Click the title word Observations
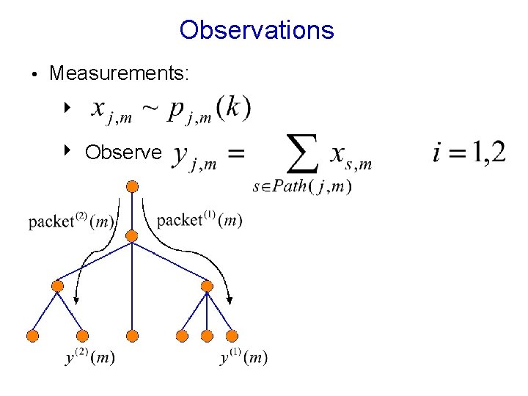(x=257, y=30)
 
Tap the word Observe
(x=122, y=152)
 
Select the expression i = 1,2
(x=469, y=153)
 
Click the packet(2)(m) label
(x=71, y=221)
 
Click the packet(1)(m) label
(x=199, y=219)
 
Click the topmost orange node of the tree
(x=132, y=186)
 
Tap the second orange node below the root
(x=132, y=236)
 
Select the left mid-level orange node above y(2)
(x=58, y=286)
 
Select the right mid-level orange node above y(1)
(x=207, y=286)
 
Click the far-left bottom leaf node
(x=32, y=336)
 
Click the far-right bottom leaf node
(x=232, y=336)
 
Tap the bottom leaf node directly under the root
(x=132, y=336)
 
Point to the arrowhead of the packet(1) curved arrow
(x=230, y=300)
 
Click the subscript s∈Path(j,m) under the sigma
(x=301, y=187)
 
